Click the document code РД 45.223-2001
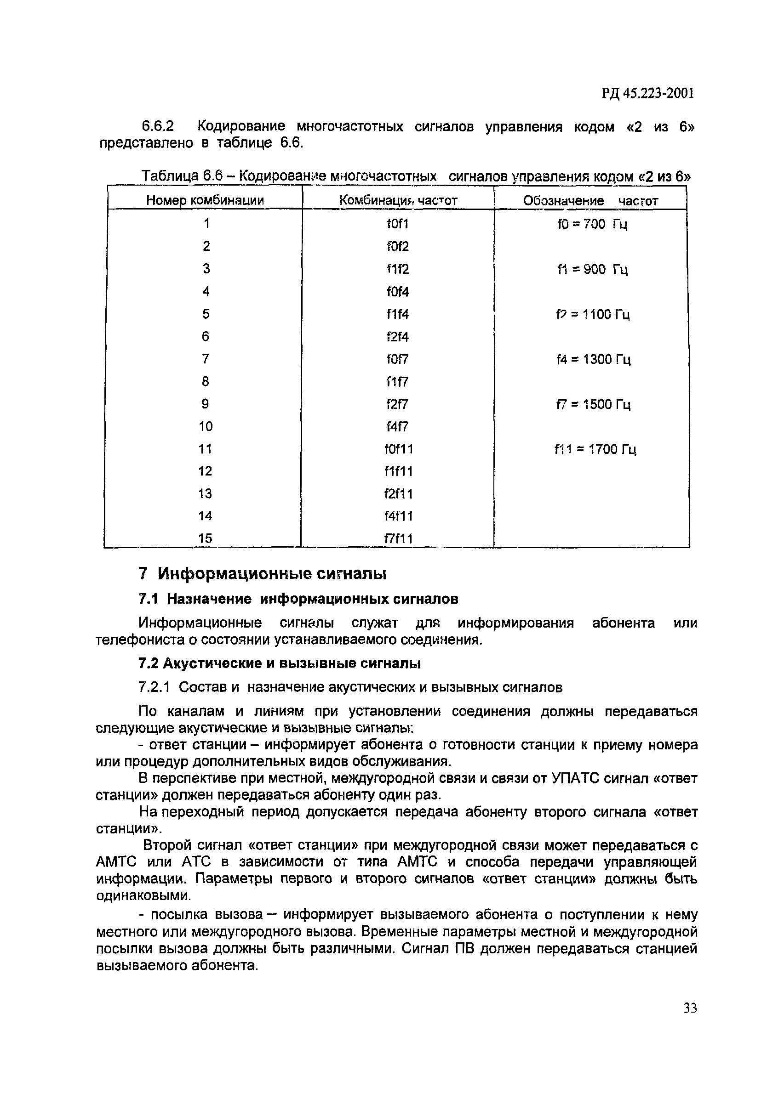click(x=647, y=94)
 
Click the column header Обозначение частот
click(x=590, y=201)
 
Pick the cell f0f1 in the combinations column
click(x=397, y=224)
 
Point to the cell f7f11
click(x=398, y=539)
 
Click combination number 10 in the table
click(x=206, y=426)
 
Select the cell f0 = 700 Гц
click(x=592, y=224)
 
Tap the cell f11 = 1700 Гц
click(x=595, y=449)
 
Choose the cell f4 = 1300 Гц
click(x=593, y=359)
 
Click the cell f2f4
click(x=397, y=337)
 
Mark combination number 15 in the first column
click(x=206, y=538)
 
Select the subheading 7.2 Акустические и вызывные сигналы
click(x=279, y=663)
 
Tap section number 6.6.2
click(x=158, y=126)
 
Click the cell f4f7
click(x=397, y=426)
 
